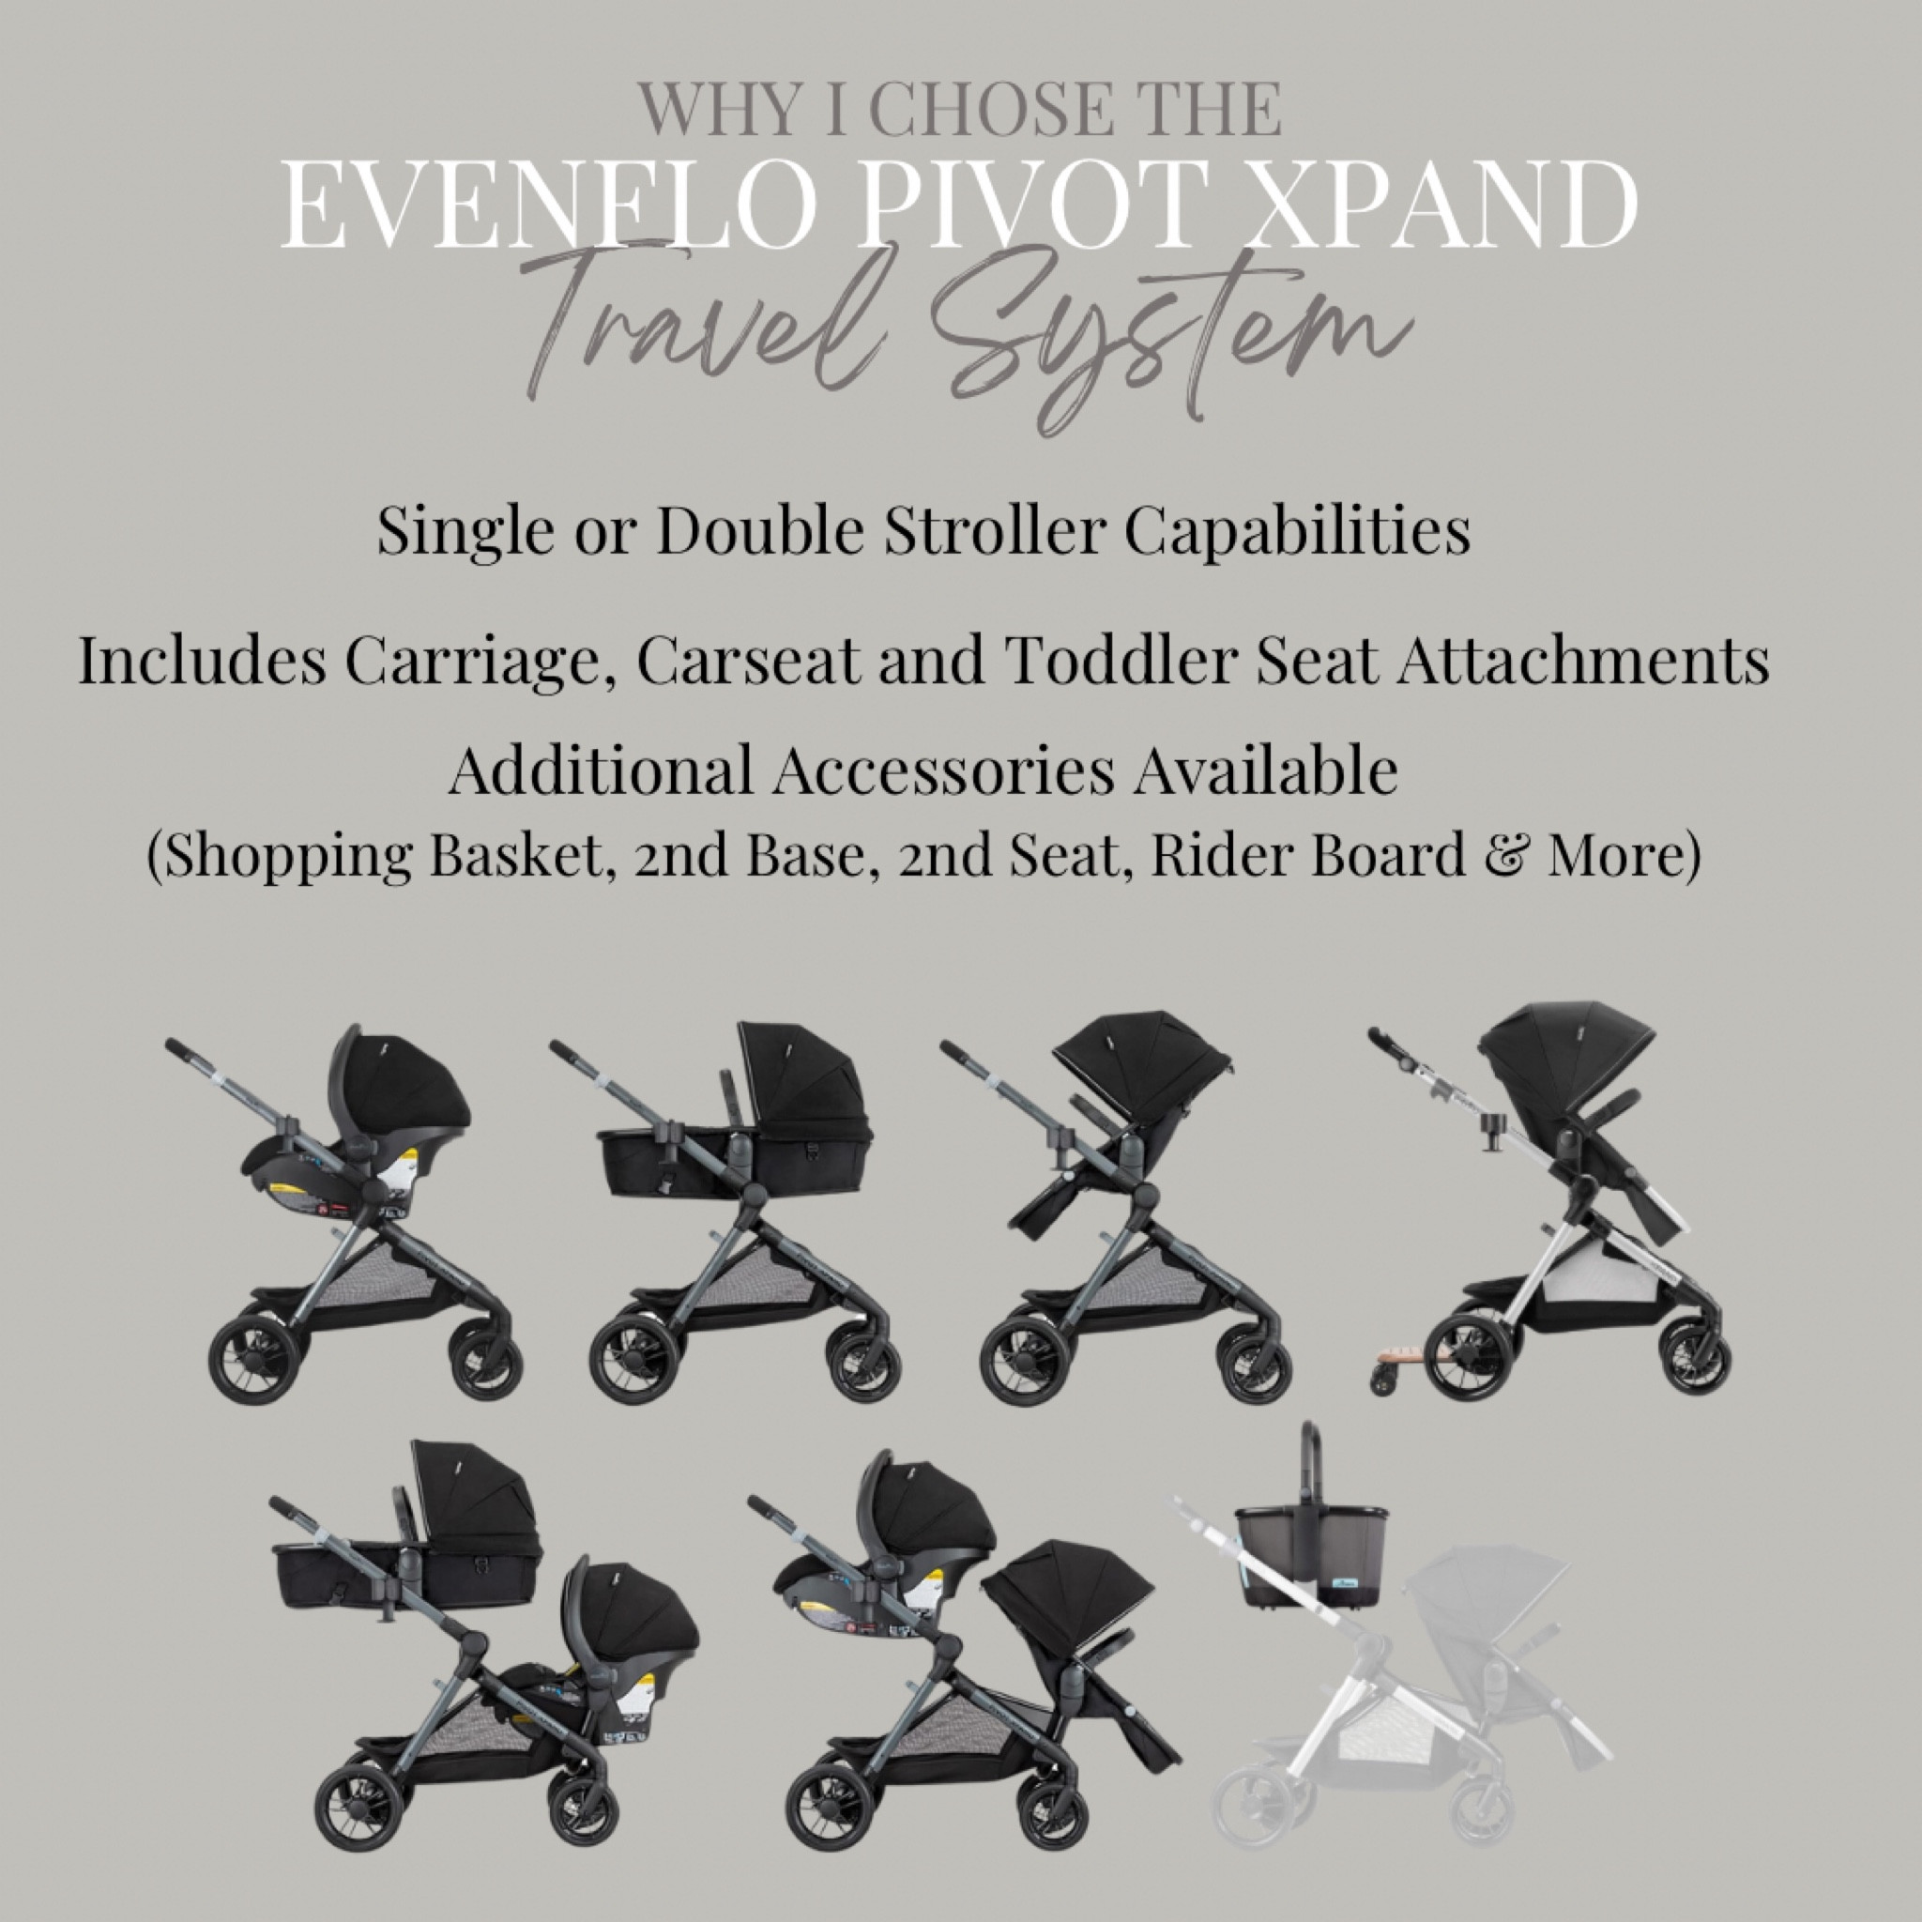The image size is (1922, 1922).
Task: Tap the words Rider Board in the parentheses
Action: click(1307, 855)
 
